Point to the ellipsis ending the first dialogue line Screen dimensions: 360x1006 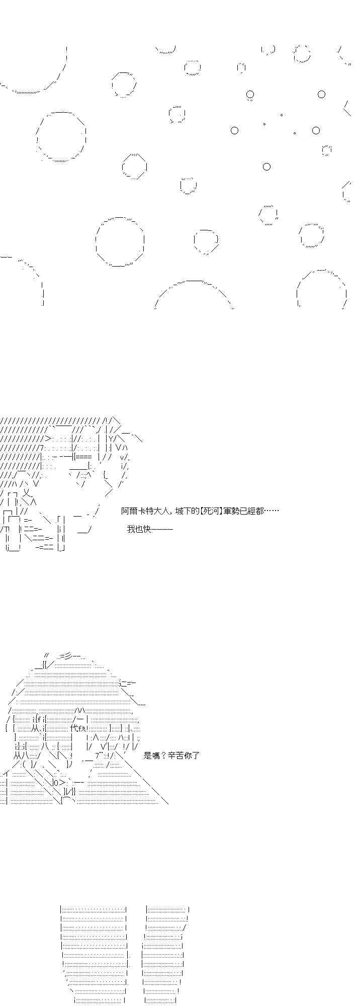[272, 511]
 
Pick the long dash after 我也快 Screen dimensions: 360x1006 [162, 529]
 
